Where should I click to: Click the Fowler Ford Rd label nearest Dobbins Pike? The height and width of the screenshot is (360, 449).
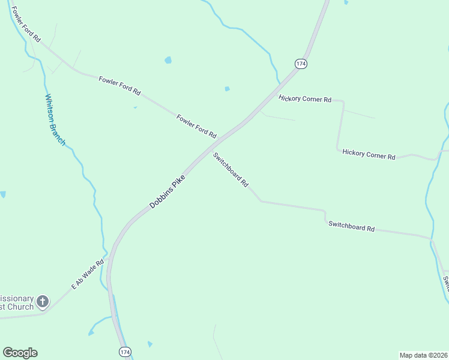point(196,125)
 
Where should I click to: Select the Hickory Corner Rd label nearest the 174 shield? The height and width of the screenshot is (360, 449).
point(305,98)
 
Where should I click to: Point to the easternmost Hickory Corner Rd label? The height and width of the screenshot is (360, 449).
point(369,154)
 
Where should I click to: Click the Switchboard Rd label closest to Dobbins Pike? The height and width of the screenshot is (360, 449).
point(231,170)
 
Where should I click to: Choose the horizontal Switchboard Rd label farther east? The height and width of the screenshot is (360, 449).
point(351,226)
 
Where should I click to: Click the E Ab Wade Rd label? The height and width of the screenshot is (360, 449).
point(88,274)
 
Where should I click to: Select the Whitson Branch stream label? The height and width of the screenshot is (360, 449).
point(55,119)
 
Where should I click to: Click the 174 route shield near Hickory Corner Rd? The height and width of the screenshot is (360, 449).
point(301,63)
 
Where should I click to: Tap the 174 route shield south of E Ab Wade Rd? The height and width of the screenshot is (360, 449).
point(124,352)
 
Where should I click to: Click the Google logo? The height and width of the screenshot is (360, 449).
point(20,353)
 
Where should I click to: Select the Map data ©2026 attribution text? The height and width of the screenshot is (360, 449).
point(423,355)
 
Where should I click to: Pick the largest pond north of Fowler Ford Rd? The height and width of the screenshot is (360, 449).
point(168,60)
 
